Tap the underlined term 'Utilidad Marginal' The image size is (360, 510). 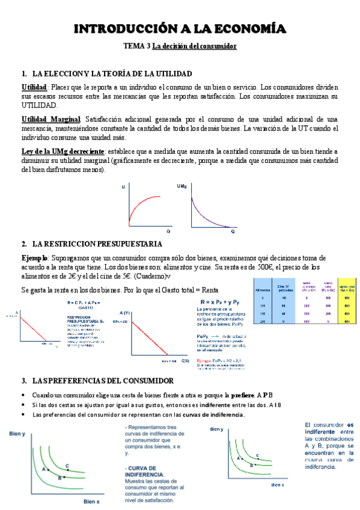click(54, 119)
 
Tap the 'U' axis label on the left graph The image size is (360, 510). click(123, 188)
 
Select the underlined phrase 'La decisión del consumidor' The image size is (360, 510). click(194, 46)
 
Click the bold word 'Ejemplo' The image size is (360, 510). click(36, 257)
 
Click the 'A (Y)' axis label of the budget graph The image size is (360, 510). click(126, 313)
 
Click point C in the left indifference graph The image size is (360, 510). click(67, 449)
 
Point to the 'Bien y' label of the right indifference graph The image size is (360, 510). click(216, 429)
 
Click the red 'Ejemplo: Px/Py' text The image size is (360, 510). click(218, 359)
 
